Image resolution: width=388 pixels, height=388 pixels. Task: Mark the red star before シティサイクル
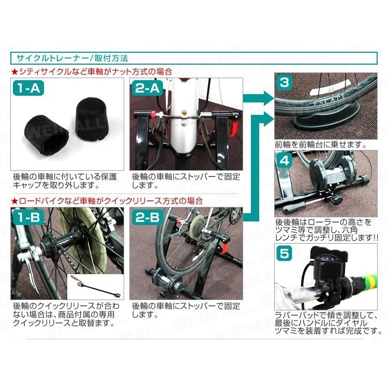14,71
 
